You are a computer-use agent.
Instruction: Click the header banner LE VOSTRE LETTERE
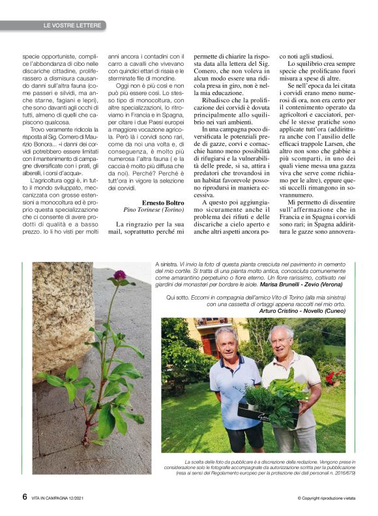coord(72,25)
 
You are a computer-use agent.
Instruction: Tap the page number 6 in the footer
coord(24,496)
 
